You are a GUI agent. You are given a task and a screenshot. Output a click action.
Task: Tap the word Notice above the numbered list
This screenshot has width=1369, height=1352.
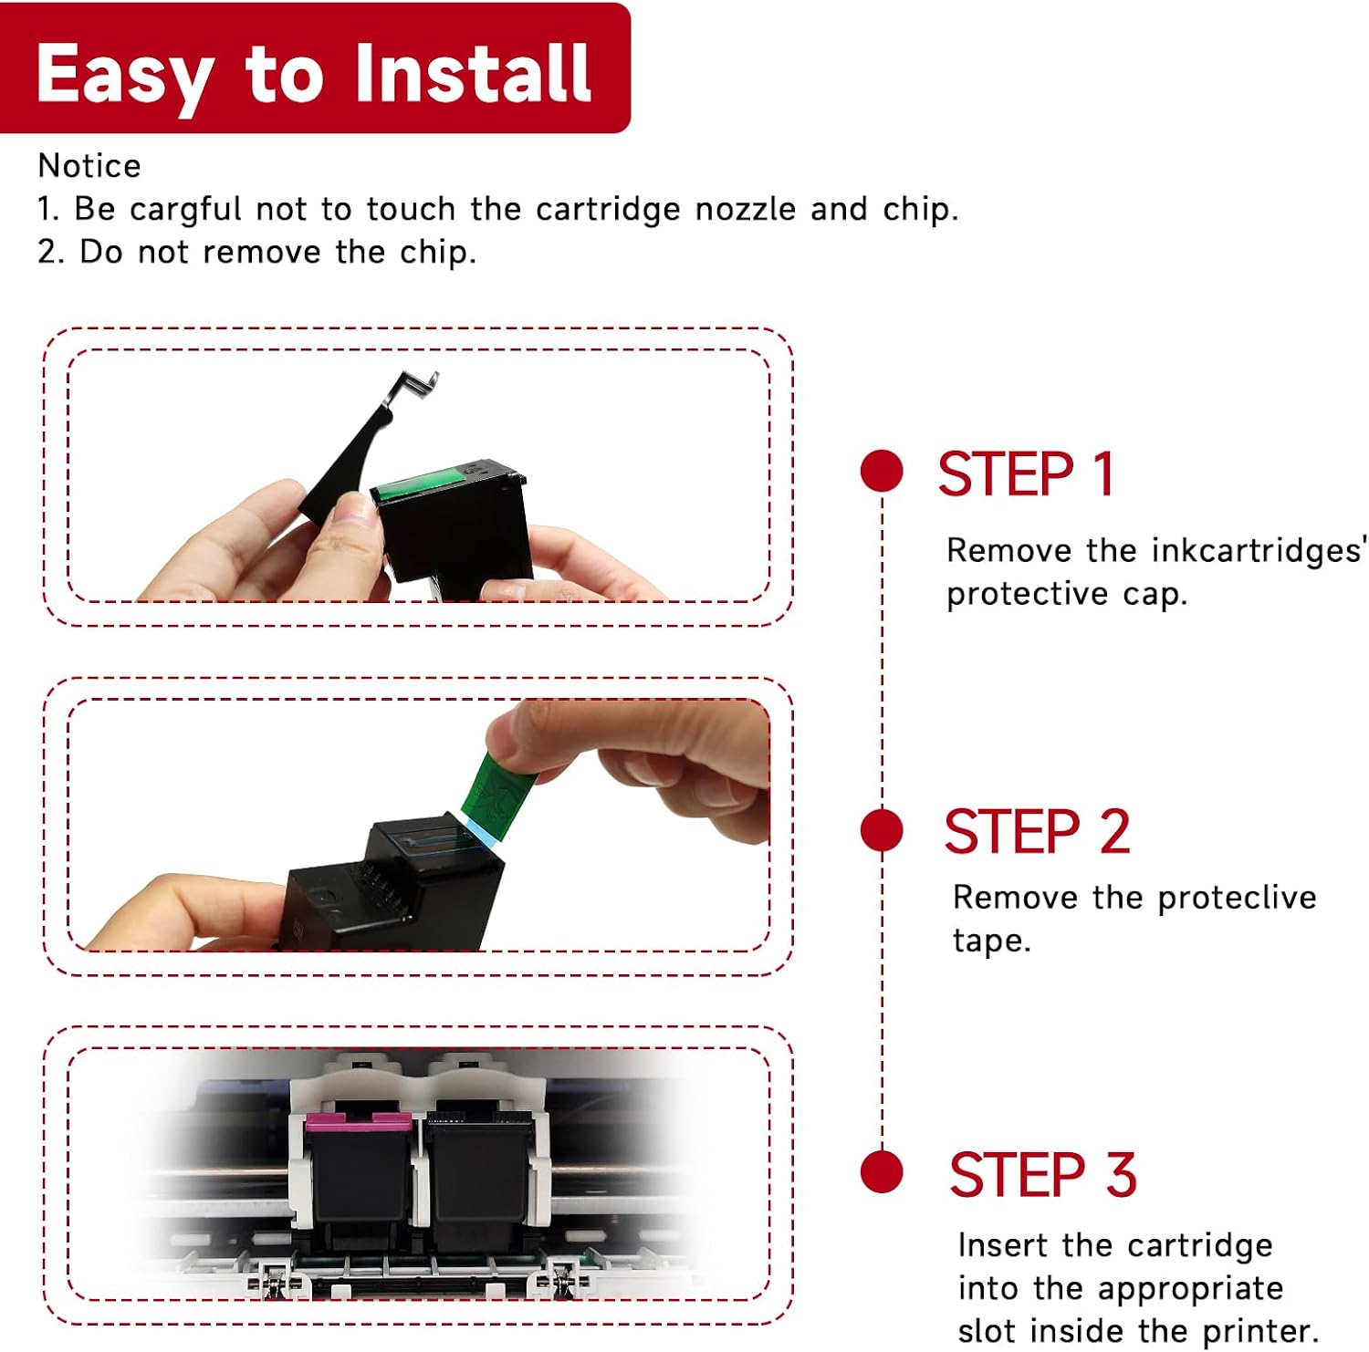click(x=89, y=166)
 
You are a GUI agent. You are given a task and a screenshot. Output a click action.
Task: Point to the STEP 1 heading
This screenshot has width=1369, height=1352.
click(x=1026, y=474)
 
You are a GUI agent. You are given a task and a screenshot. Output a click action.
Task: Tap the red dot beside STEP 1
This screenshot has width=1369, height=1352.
click(x=882, y=471)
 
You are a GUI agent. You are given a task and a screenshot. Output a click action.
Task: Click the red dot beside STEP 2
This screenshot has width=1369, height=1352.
click(x=882, y=830)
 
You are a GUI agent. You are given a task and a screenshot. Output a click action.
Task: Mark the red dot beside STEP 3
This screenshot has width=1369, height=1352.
click(x=882, y=1171)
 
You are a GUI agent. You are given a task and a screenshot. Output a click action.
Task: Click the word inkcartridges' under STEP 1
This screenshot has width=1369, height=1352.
click(x=1259, y=550)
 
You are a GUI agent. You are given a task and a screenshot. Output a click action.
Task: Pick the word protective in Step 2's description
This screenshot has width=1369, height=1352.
click(x=1237, y=899)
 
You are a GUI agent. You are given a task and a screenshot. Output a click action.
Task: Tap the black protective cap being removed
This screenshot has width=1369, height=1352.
click(x=356, y=452)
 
